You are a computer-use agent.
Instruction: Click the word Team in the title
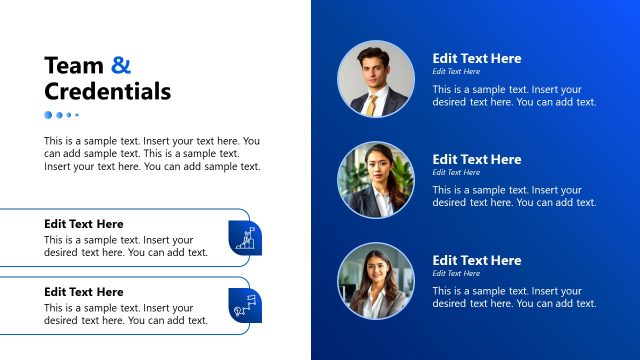tap(74, 66)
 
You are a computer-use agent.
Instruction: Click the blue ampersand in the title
tap(121, 66)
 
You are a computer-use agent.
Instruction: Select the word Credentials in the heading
tap(107, 93)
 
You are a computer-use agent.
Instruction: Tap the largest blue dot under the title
tap(48, 115)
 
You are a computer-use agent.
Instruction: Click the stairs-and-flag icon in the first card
tap(245, 236)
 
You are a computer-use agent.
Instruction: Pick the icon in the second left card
tap(245, 304)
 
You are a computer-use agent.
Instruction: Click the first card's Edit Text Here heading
tap(84, 224)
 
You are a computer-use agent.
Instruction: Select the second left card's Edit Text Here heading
tap(84, 292)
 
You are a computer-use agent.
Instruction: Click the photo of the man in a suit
tap(376, 79)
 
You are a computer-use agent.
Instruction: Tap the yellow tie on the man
tap(371, 103)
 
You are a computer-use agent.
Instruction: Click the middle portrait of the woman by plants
tap(376, 180)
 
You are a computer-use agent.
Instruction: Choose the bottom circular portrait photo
tap(376, 281)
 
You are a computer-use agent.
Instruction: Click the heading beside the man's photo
tap(476, 58)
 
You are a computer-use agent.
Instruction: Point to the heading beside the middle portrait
tap(476, 159)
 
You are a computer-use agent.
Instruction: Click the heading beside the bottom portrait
tap(476, 260)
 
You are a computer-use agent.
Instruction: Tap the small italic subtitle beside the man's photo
tap(456, 72)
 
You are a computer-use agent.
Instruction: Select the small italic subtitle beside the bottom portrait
tap(456, 273)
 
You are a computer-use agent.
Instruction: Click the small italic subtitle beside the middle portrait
tap(456, 172)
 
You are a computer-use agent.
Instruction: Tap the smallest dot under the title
tap(77, 115)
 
